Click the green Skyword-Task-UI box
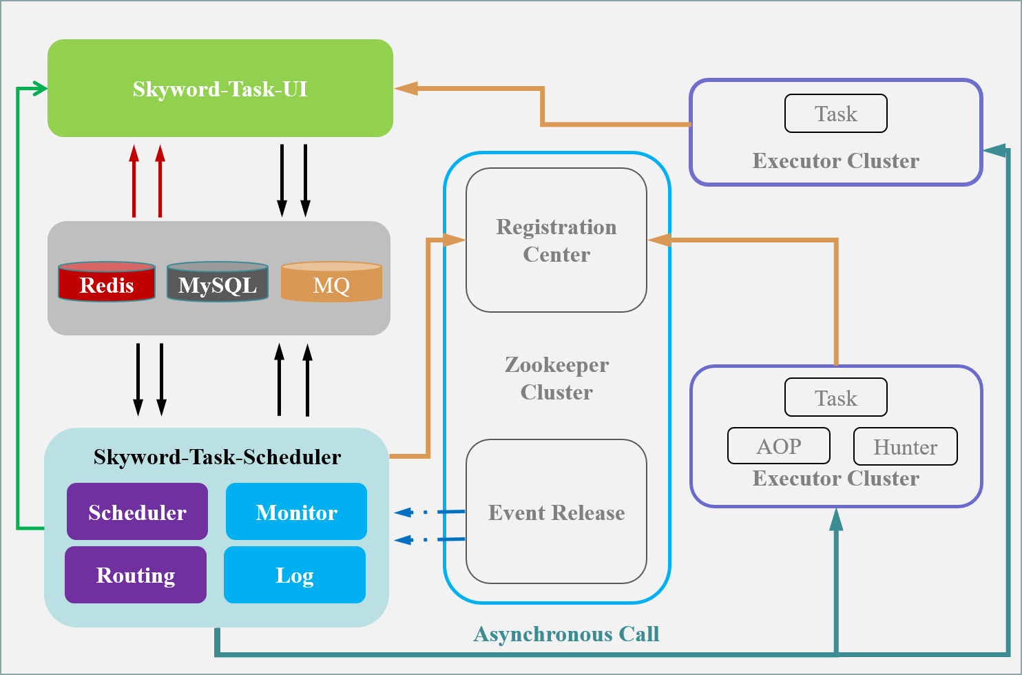[220, 88]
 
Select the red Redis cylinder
[107, 282]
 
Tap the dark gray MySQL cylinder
[218, 282]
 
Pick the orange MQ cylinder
[331, 282]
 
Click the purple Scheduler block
[137, 512]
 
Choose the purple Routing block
[136, 574]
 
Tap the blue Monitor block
[296, 512]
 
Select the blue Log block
[295, 574]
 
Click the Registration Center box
[556, 240]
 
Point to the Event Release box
[556, 512]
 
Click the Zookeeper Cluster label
[556, 378]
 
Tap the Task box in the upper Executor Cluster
[835, 114]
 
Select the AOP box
[779, 446]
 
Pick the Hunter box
[905, 447]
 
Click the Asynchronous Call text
[566, 634]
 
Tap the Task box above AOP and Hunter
[835, 397]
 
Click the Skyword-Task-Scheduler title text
[217, 457]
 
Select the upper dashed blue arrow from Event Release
[427, 512]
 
